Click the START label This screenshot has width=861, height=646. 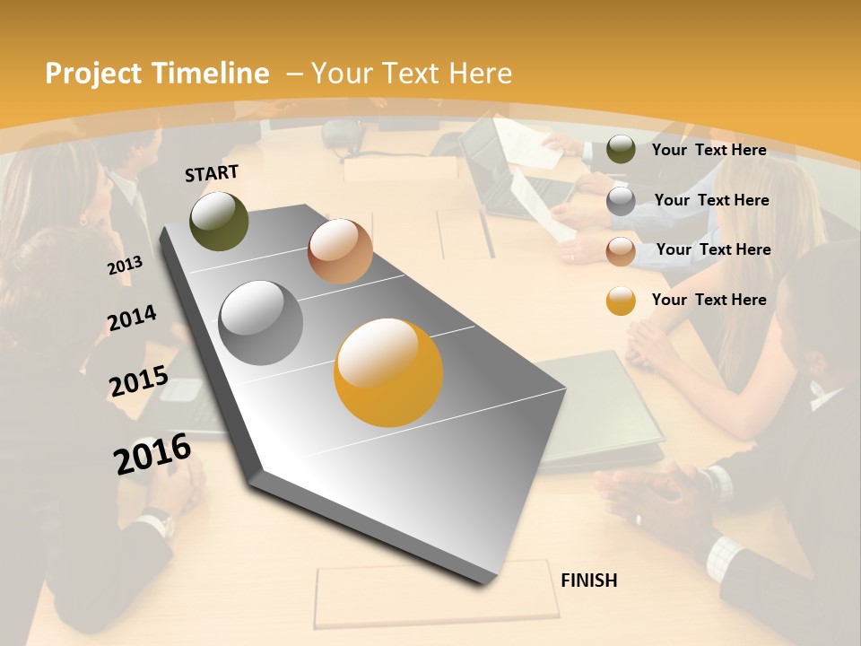point(212,173)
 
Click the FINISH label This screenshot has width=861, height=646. point(588,581)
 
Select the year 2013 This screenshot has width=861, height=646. point(125,265)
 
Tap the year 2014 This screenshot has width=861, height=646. point(132,318)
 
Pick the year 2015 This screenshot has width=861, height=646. point(138,381)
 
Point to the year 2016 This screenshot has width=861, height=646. point(152,453)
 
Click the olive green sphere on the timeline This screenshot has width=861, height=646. point(220,221)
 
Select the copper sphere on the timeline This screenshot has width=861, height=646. point(340,251)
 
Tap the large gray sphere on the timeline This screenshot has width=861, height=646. point(261,322)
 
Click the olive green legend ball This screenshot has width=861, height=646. point(621,150)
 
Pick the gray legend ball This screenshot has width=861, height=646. point(621,201)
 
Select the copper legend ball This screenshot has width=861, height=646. point(621,250)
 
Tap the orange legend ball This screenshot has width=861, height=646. point(621,301)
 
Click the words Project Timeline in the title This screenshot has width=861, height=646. point(157,74)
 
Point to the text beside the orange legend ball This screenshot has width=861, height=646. point(709,300)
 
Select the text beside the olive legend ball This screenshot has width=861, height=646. point(709,150)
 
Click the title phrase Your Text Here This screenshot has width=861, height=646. point(411,74)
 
